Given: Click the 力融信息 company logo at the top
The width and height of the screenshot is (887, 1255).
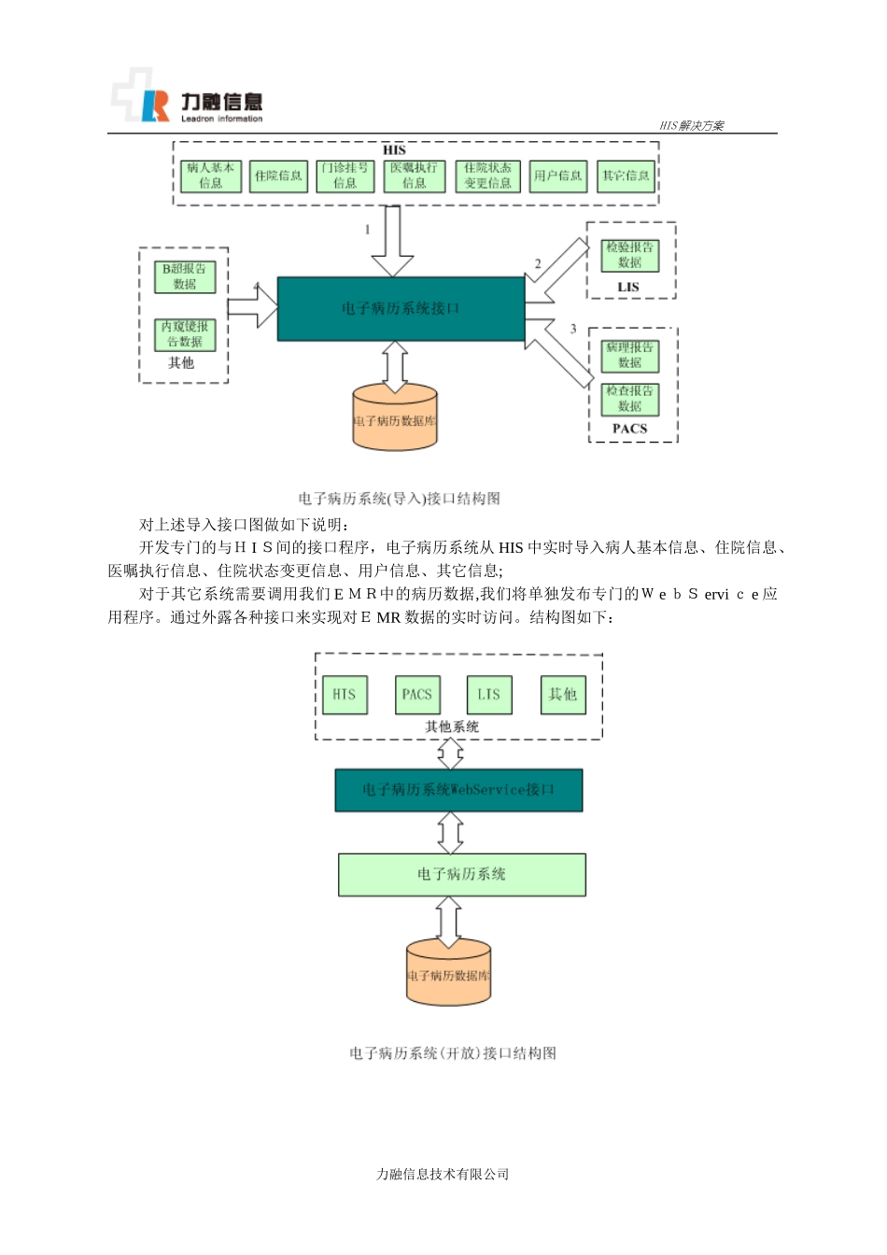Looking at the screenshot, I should [187, 97].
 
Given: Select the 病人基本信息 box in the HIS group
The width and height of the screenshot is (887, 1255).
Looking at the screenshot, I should [210, 176].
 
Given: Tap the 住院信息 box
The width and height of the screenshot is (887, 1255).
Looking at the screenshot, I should [278, 176].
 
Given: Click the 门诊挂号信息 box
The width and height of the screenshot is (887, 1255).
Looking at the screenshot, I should [345, 176].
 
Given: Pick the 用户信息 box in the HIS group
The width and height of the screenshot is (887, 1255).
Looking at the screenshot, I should [557, 176].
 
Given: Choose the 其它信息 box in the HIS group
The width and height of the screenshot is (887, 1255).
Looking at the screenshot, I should [626, 176].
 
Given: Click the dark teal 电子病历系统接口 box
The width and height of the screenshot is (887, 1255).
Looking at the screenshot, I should [401, 308].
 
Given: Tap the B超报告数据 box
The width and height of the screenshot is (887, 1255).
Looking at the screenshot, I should [185, 276].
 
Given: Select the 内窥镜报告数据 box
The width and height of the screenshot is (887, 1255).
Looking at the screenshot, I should [185, 334].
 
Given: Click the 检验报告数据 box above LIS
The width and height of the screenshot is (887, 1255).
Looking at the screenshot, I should [629, 255].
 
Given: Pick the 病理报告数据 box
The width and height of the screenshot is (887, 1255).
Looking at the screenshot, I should [629, 355].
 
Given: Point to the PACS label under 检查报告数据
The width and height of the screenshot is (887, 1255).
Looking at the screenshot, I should [629, 429].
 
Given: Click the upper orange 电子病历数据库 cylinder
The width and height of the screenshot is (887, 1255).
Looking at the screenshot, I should [395, 419].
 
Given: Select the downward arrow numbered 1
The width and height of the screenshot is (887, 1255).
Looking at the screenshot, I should [392, 241].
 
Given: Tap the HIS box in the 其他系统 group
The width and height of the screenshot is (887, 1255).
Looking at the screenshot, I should [345, 695].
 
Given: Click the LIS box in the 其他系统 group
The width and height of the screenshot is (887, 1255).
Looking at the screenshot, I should [489, 695].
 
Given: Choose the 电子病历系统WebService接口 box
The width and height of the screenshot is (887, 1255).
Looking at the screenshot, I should [458, 790].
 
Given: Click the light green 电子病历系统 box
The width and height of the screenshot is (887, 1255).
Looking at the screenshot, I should [461, 874].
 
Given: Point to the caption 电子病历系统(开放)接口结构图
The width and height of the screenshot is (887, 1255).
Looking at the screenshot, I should [453, 1053].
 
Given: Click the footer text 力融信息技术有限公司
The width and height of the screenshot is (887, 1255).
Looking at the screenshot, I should [443, 1175].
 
